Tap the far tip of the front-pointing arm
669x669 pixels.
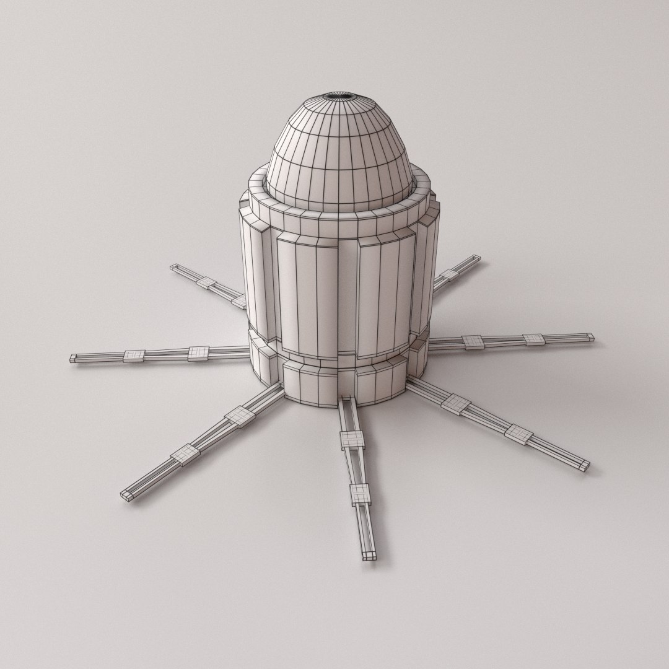tap(369, 554)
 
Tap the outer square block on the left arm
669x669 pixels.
tap(134, 356)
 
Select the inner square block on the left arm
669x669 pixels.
tap(199, 352)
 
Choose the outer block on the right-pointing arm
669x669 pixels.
tap(533, 339)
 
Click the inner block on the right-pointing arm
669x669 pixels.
tap(473, 342)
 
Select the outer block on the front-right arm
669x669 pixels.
tap(518, 433)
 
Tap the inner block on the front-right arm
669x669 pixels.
tap(457, 403)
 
